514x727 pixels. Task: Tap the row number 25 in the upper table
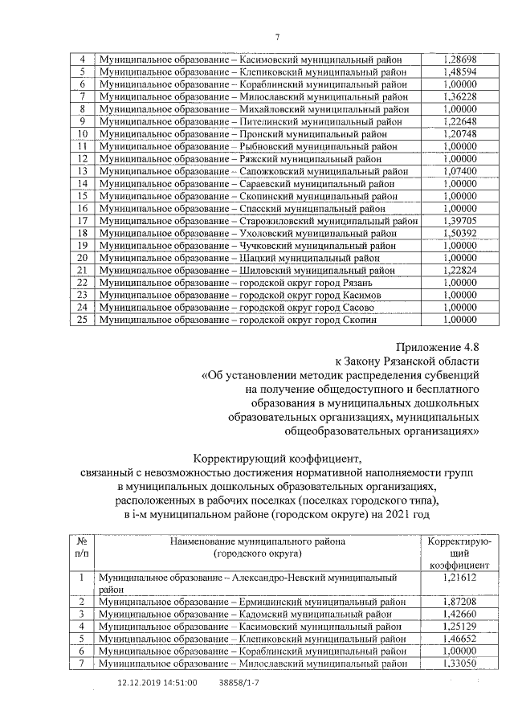click(x=81, y=320)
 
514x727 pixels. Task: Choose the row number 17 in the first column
click(x=81, y=220)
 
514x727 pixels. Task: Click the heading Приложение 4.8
click(x=435, y=345)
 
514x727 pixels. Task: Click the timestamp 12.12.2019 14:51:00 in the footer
click(x=157, y=683)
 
